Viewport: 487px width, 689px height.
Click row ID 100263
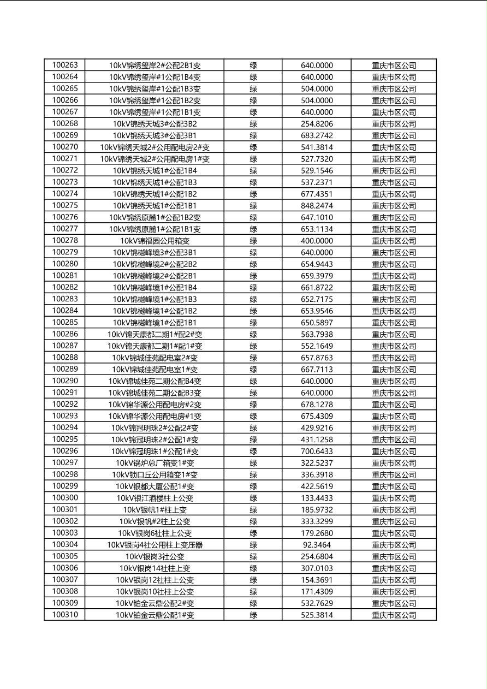65,65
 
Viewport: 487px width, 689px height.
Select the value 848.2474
317,206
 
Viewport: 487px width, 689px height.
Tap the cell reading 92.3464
317,545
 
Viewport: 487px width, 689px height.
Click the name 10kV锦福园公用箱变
155,241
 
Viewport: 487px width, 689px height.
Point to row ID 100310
65,615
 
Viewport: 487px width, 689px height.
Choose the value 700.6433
317,452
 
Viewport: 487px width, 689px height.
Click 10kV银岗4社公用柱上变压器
155,545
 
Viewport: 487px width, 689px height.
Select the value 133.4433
317,498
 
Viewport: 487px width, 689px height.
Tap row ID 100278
65,241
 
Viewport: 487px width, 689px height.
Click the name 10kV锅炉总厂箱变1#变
155,463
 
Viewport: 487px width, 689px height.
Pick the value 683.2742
317,135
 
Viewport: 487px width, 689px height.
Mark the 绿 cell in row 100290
253,381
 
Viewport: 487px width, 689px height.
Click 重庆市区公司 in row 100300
394,498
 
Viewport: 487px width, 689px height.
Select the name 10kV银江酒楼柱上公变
155,498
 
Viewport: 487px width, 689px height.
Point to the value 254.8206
317,124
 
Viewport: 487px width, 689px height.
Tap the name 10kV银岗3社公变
155,556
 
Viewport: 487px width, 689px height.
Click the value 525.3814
317,615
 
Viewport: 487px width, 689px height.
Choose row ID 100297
65,463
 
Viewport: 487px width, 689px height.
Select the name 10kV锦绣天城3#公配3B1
155,135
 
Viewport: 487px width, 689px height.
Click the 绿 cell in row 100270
253,147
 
